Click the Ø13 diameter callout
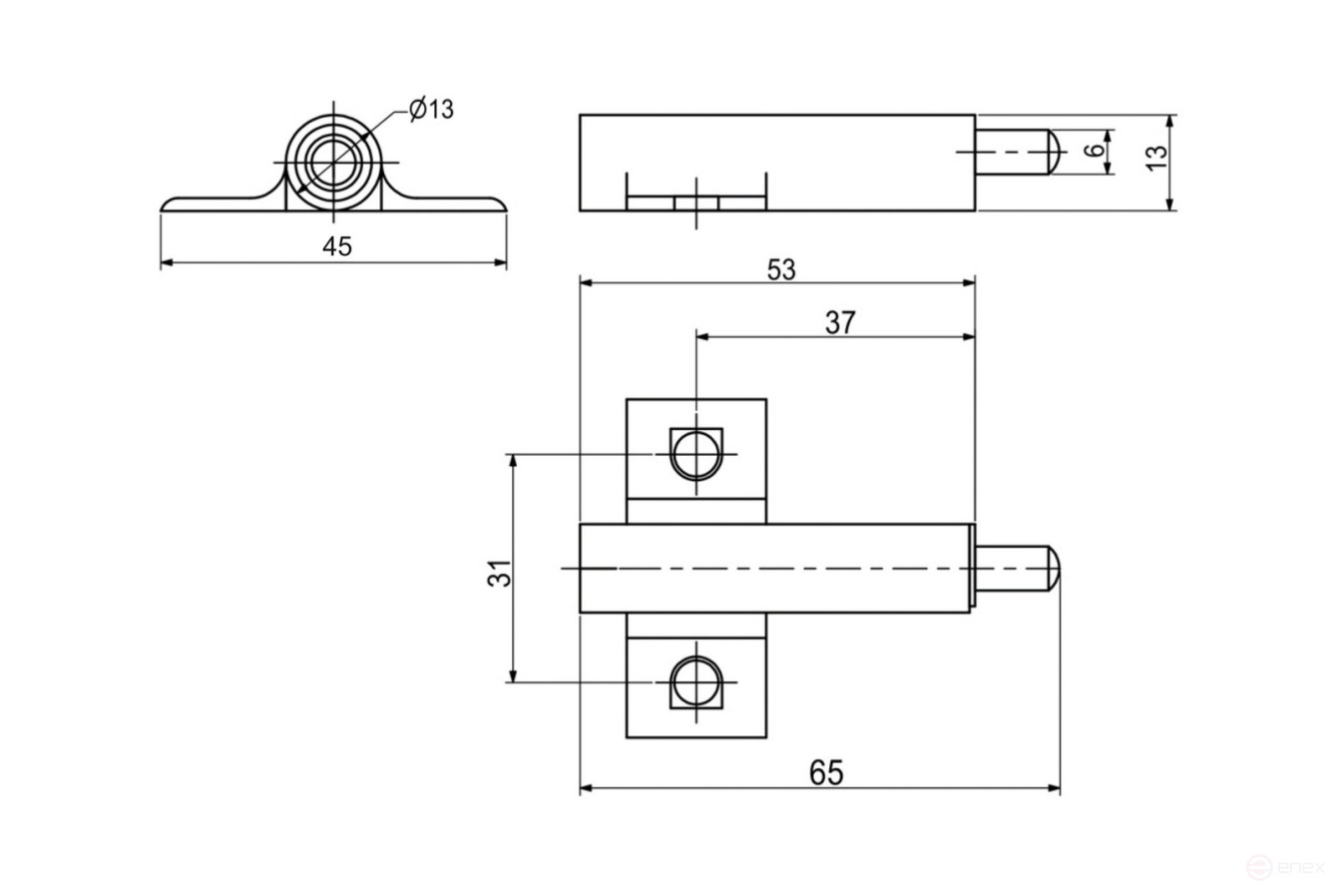[x=431, y=109]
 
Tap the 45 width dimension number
[x=337, y=246]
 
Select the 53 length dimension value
[x=781, y=270]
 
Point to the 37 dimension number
[x=840, y=322]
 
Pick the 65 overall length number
[x=826, y=772]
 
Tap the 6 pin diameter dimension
[x=1095, y=151]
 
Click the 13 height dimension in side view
[x=1155, y=158]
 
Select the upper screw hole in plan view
[x=695, y=454]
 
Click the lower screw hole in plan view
[x=695, y=682]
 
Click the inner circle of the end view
[x=333, y=160]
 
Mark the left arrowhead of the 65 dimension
[x=586, y=788]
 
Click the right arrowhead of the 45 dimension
[x=501, y=263]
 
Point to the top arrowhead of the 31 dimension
[x=513, y=460]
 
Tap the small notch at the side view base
[x=696, y=203]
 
